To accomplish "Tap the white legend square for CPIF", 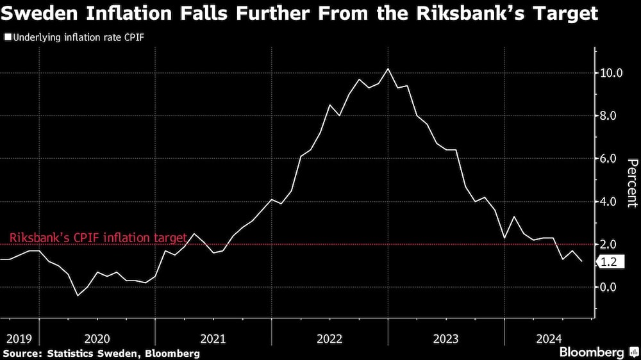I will pos(7,38).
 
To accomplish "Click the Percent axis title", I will pos(631,183).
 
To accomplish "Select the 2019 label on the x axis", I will pos(19,338).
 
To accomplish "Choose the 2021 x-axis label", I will pos(213,338).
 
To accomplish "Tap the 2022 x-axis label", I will pos(329,338).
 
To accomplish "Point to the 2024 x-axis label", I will pos(549,338).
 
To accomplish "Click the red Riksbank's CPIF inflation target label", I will pos(98,238).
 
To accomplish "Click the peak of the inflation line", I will pos(388,69).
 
